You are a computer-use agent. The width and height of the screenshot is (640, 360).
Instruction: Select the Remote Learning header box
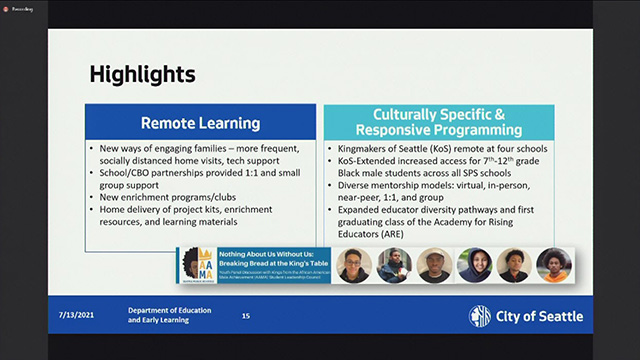coord(199,123)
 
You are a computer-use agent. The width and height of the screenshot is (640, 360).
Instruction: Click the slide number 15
coord(245,316)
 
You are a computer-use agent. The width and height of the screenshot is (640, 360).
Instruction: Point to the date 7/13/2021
coord(79,316)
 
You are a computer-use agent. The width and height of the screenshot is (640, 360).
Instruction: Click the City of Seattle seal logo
coord(480,316)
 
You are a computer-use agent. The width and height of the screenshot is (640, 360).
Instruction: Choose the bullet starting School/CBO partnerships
coord(196,178)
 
